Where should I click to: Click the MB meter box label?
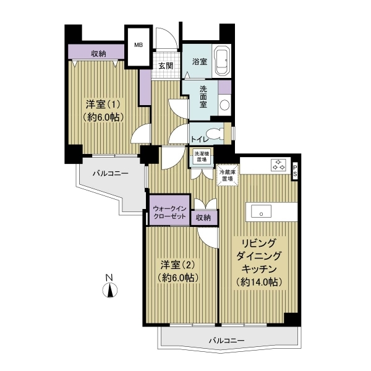coord(139,45)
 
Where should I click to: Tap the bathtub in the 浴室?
coord(222,61)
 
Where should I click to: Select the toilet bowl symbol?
coord(215,133)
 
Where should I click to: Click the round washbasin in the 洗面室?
coord(224,104)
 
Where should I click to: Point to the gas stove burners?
coord(278,165)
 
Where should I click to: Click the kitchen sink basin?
coord(261,211)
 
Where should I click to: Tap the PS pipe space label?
coord(295,171)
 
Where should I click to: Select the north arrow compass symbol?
coord(110,290)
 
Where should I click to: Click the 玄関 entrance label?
coord(166,66)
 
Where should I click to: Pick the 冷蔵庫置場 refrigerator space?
coord(227,175)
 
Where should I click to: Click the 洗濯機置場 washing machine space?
coord(200,156)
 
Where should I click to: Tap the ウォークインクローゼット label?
coord(169,212)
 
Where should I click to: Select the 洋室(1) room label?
coord(103,104)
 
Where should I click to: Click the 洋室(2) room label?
coord(178,265)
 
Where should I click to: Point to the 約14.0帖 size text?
coord(259,282)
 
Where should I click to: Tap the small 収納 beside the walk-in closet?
coord(204,217)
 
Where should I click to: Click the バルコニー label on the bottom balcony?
coord(226,341)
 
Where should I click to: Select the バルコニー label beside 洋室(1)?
coord(111,173)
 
